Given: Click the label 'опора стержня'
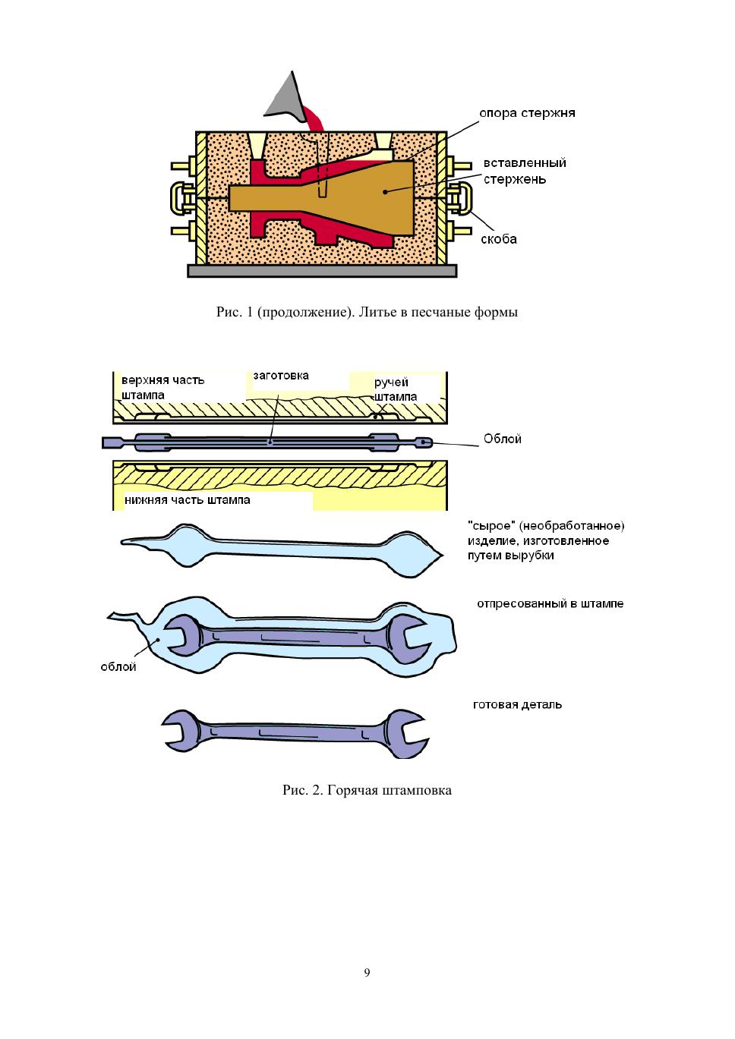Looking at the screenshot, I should tap(527, 113).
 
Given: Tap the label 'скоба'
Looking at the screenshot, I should tap(499, 239).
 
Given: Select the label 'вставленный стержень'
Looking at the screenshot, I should tap(525, 171).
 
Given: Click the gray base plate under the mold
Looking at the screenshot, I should tap(323, 270).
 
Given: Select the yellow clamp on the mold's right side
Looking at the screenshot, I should tap(460, 197).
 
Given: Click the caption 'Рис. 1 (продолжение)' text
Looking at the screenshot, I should tap(367, 312).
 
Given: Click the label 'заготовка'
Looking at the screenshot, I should tap(281, 376).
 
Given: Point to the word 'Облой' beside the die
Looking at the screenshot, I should tap(503, 439).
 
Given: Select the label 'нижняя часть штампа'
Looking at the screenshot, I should tap(188, 500).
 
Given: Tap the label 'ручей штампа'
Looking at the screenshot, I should tap(395, 389).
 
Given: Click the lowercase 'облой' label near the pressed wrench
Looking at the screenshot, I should tap(118, 667).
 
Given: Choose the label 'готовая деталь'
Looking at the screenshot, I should tap(517, 704).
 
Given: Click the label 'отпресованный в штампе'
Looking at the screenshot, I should tap(550, 604).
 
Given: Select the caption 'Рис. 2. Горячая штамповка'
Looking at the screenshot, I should tap(367, 791).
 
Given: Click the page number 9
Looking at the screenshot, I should tap(367, 973).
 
